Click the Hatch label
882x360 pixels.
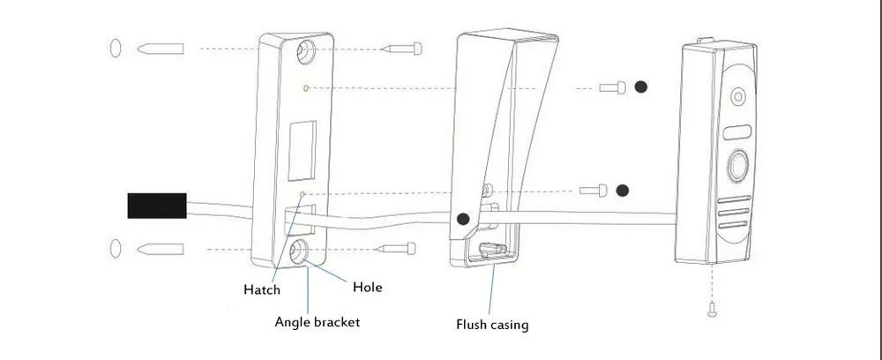[x=262, y=289]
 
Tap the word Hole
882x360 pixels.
[x=367, y=288]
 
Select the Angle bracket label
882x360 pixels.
[x=318, y=322]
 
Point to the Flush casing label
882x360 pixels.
[x=492, y=325]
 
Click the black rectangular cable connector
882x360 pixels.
[x=157, y=206]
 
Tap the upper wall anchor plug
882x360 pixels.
[x=161, y=49]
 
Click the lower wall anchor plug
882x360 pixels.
[x=161, y=249]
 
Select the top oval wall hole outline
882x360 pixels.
[x=115, y=49]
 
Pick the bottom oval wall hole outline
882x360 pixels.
[x=115, y=248]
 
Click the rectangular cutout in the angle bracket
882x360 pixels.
[x=302, y=151]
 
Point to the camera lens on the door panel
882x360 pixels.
[x=738, y=97]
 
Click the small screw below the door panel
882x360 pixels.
[x=712, y=308]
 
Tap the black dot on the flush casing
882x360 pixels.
[x=463, y=220]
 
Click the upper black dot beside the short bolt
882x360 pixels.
[x=640, y=86]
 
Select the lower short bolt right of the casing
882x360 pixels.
[x=594, y=191]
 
